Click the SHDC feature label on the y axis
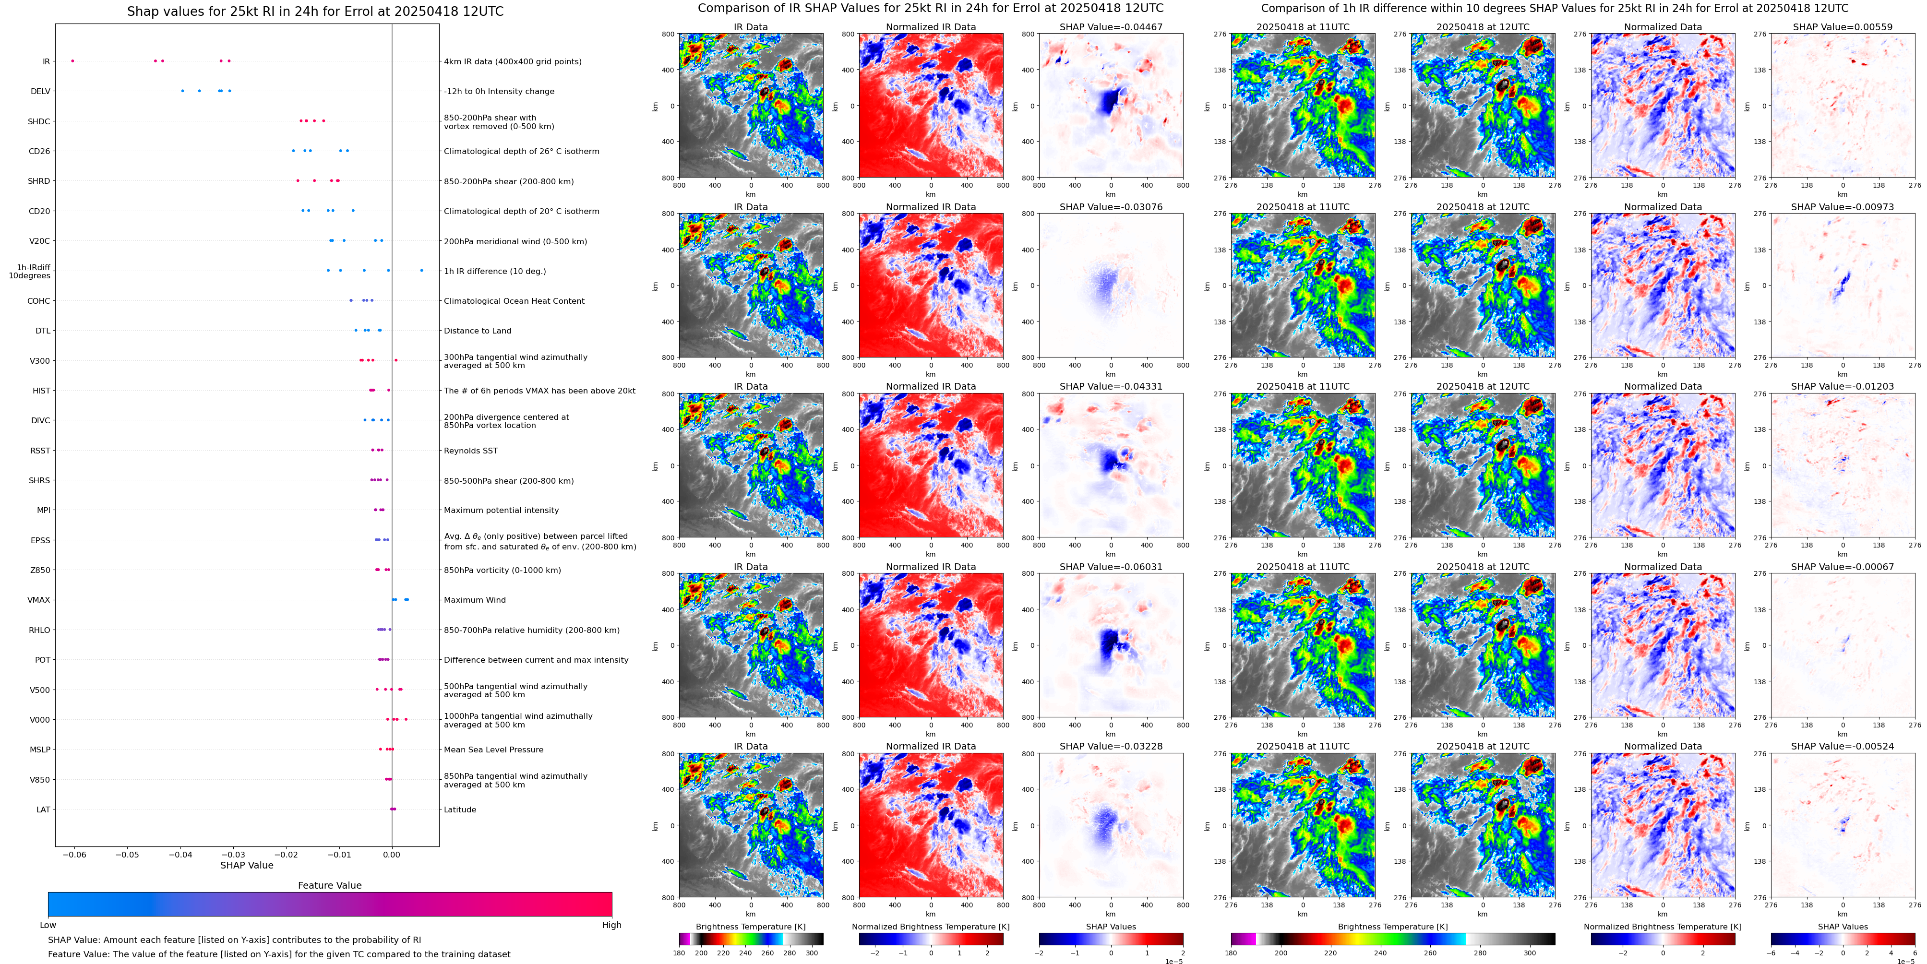click(x=39, y=121)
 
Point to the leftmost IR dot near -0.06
click(x=72, y=60)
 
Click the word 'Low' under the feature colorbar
click(x=48, y=925)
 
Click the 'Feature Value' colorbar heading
click(x=329, y=885)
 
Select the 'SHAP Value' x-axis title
click(x=246, y=865)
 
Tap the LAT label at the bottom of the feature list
click(x=43, y=809)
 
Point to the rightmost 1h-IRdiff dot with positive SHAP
click(x=421, y=270)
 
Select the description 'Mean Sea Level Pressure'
click(x=494, y=750)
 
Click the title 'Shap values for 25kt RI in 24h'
click(x=315, y=11)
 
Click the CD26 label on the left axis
click(x=39, y=151)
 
